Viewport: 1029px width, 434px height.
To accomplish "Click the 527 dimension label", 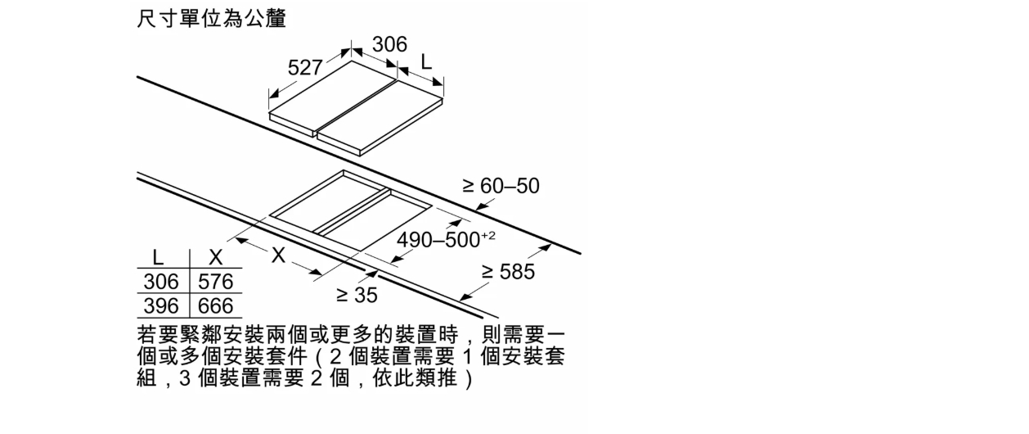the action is pyautogui.click(x=304, y=68).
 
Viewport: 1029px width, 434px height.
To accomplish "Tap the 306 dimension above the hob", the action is pyautogui.click(x=389, y=44).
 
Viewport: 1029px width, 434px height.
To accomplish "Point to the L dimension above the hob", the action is pyautogui.click(x=426, y=62).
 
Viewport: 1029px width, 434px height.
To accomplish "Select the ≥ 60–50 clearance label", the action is pyautogui.click(x=501, y=186).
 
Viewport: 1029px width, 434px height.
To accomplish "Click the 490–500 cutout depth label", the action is pyautogui.click(x=438, y=240).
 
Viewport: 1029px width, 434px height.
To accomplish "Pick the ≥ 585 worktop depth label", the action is pyautogui.click(x=508, y=272).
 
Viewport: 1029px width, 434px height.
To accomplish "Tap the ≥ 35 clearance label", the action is pyautogui.click(x=357, y=295).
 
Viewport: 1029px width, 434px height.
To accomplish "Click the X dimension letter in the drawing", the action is pyautogui.click(x=278, y=255).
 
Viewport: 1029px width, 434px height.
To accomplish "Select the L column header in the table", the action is pyautogui.click(x=158, y=257).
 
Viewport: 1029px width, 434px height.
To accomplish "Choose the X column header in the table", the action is pyautogui.click(x=215, y=257).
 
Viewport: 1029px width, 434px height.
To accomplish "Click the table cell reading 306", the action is pyautogui.click(x=161, y=282).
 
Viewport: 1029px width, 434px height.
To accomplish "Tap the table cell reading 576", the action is pyautogui.click(x=215, y=282).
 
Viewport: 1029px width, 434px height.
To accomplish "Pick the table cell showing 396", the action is pyautogui.click(x=161, y=305).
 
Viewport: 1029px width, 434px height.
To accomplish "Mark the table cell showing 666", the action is pyautogui.click(x=215, y=305).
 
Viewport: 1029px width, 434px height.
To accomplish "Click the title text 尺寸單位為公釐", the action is pyautogui.click(x=212, y=18).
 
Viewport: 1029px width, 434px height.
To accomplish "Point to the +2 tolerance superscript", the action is pyautogui.click(x=488, y=236).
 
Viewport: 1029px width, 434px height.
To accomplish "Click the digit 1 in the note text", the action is pyautogui.click(x=468, y=356).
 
